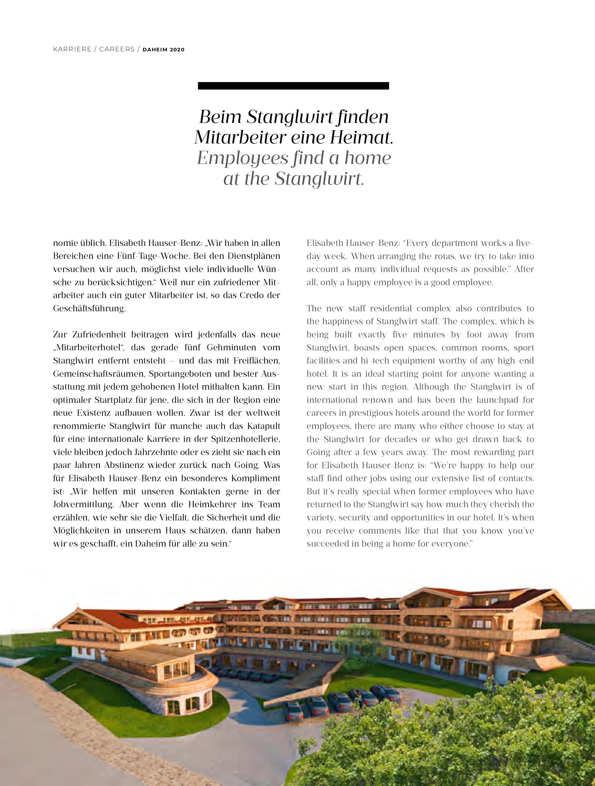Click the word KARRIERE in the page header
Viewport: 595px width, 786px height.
(x=72, y=49)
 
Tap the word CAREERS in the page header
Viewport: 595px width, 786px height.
(x=117, y=49)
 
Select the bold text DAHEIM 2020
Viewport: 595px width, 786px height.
(x=163, y=50)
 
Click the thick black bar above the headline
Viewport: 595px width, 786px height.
(x=293, y=86)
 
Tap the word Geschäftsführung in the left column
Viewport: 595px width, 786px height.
(x=89, y=309)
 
